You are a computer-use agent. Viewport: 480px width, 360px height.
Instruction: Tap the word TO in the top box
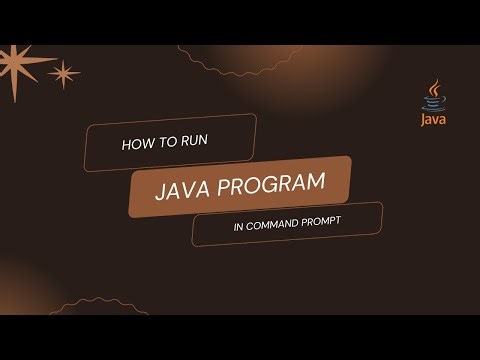[x=165, y=143]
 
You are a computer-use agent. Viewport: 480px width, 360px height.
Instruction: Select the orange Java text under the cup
[x=434, y=124]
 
